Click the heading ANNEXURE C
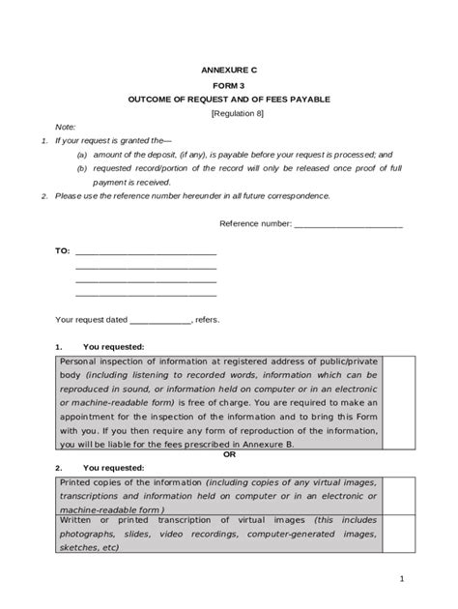[x=229, y=72]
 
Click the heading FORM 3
[x=229, y=85]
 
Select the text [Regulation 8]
[x=229, y=113]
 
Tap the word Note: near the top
[x=65, y=127]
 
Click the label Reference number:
[x=255, y=222]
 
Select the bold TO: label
[x=62, y=250]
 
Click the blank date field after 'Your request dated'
[x=159, y=318]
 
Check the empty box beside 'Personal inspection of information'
[x=399, y=401]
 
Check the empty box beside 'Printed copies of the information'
[x=399, y=495]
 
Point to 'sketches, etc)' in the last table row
[x=89, y=546]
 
